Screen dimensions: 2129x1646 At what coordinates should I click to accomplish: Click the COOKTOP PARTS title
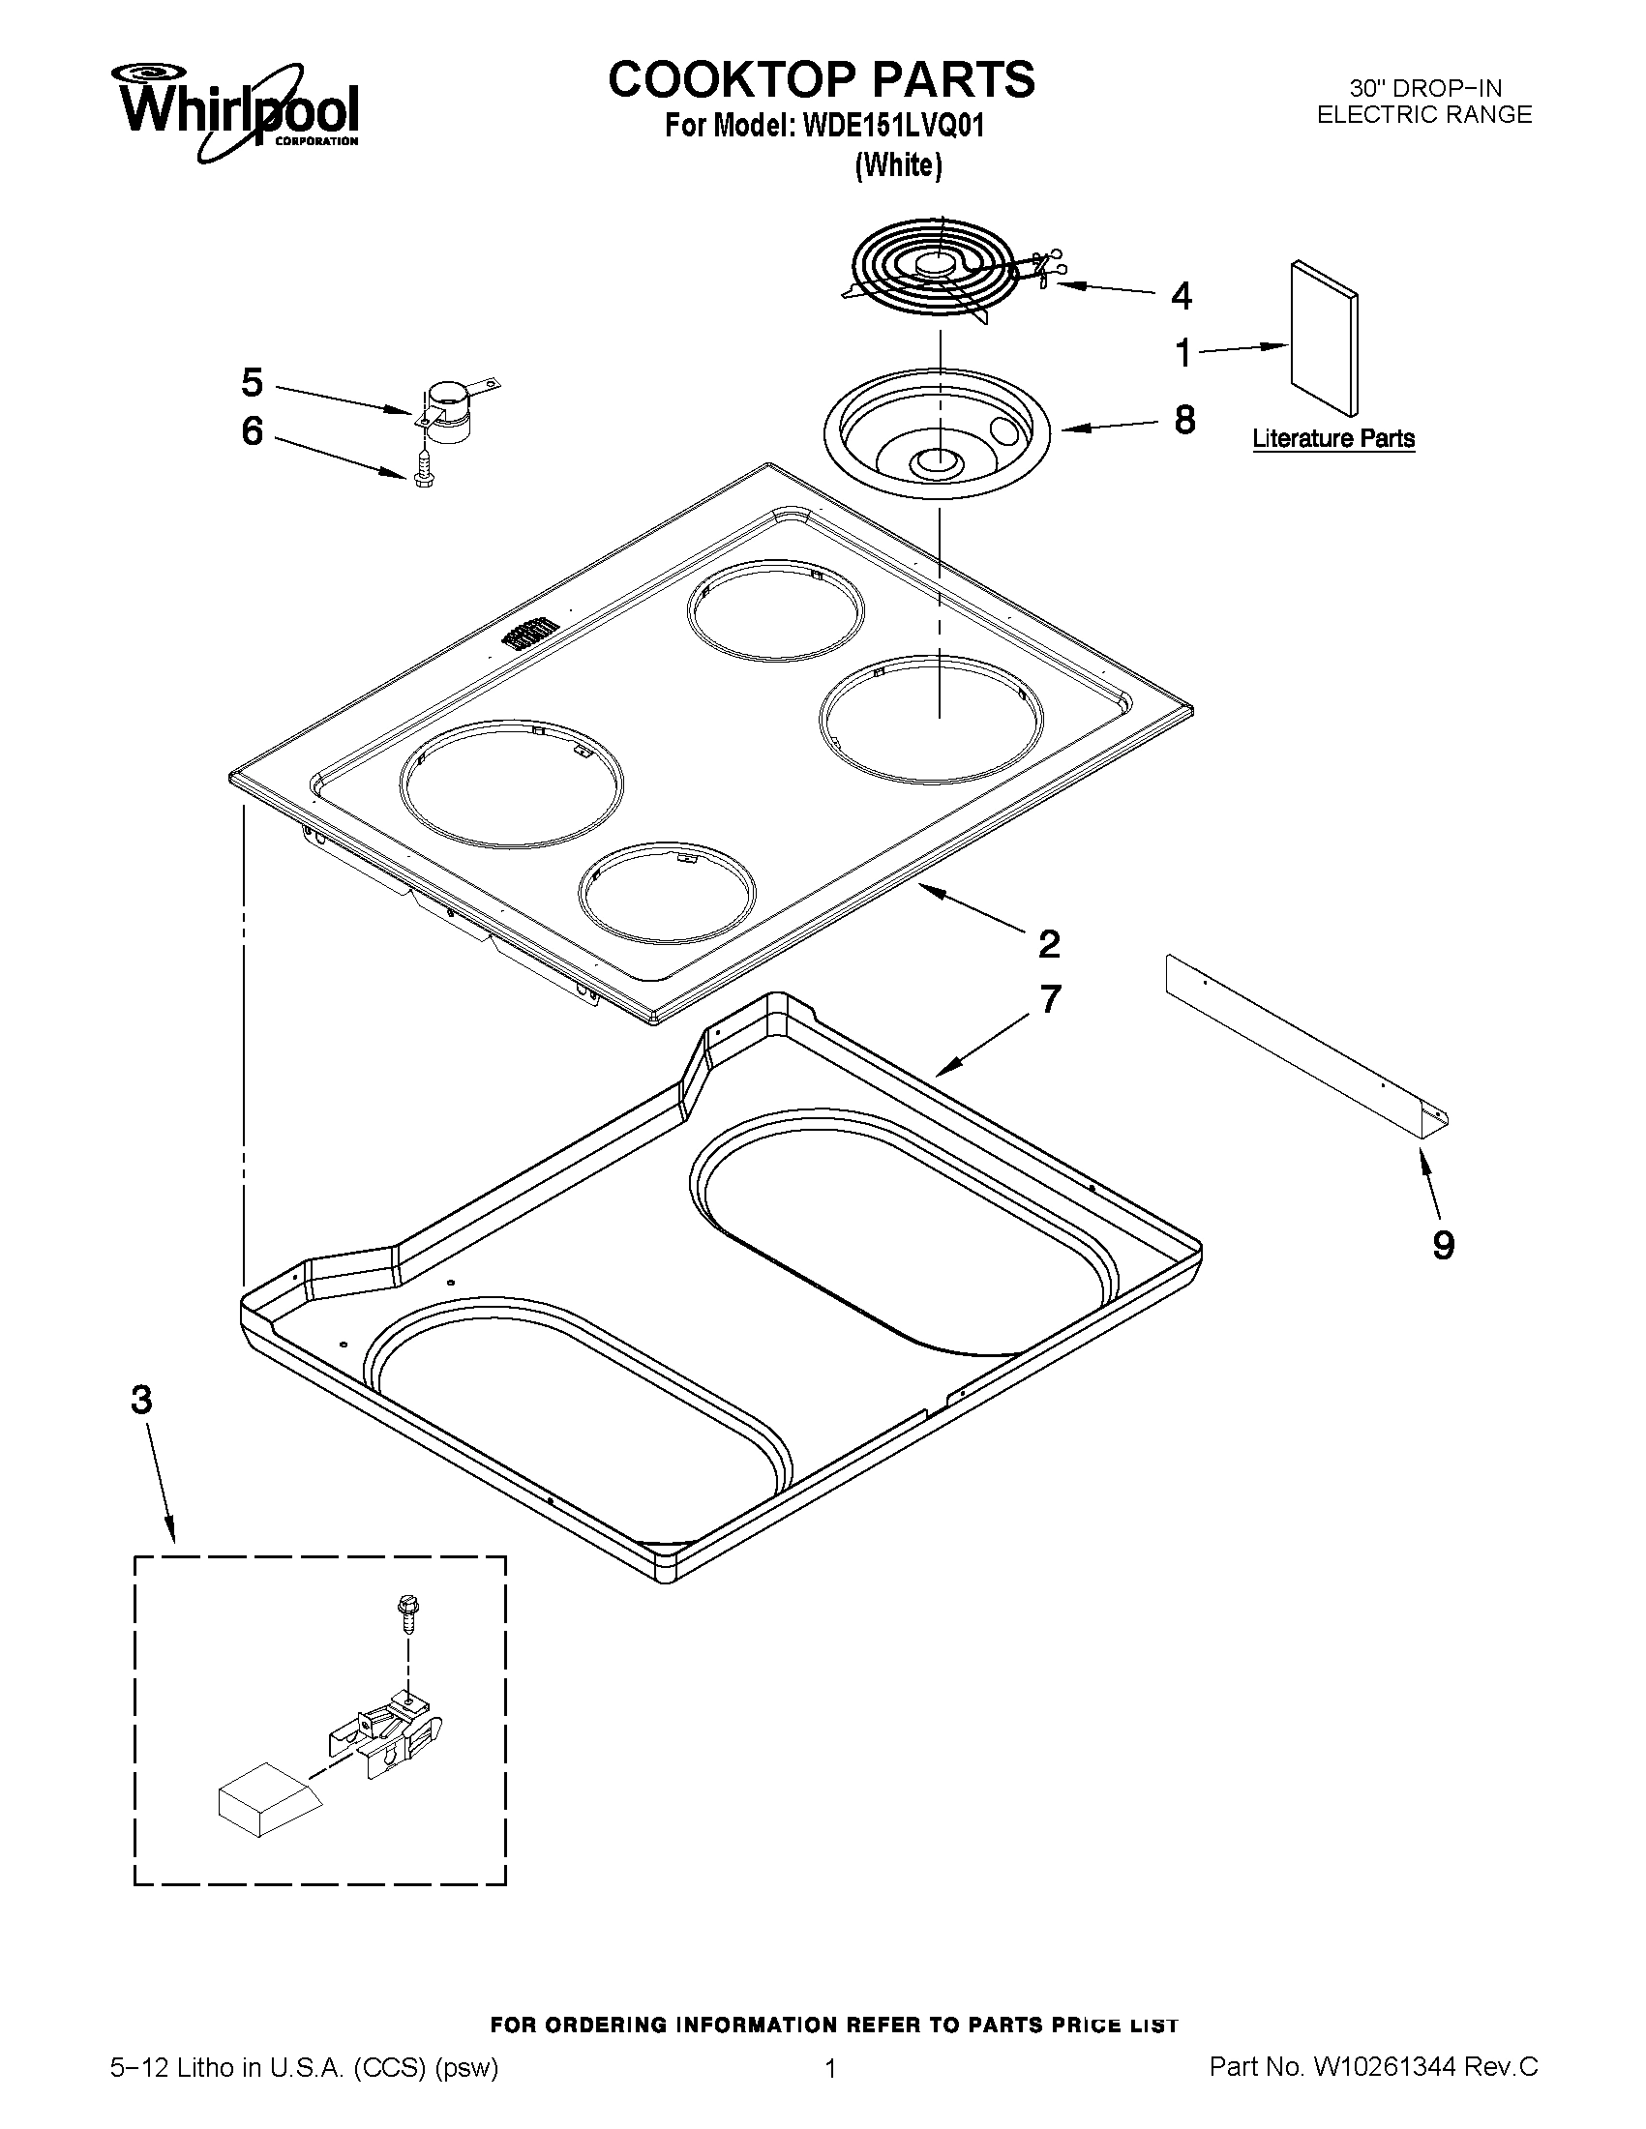pyautogui.click(x=821, y=79)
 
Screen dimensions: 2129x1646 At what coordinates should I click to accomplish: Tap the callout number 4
pyautogui.click(x=1181, y=295)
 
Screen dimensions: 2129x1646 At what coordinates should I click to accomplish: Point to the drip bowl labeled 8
pyautogui.click(x=937, y=434)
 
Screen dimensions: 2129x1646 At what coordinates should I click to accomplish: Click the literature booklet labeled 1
pyautogui.click(x=1322, y=338)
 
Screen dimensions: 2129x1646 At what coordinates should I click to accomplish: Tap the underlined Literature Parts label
pyautogui.click(x=1333, y=439)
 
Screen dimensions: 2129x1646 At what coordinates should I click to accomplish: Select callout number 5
pyautogui.click(x=252, y=383)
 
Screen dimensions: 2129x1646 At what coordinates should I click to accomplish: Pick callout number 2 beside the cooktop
pyautogui.click(x=1049, y=944)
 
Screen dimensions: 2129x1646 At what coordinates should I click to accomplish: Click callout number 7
pyautogui.click(x=1049, y=999)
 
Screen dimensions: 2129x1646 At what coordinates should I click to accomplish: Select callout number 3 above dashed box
pyautogui.click(x=142, y=1401)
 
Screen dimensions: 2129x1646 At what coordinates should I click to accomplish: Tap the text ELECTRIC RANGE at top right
pyautogui.click(x=1423, y=115)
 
